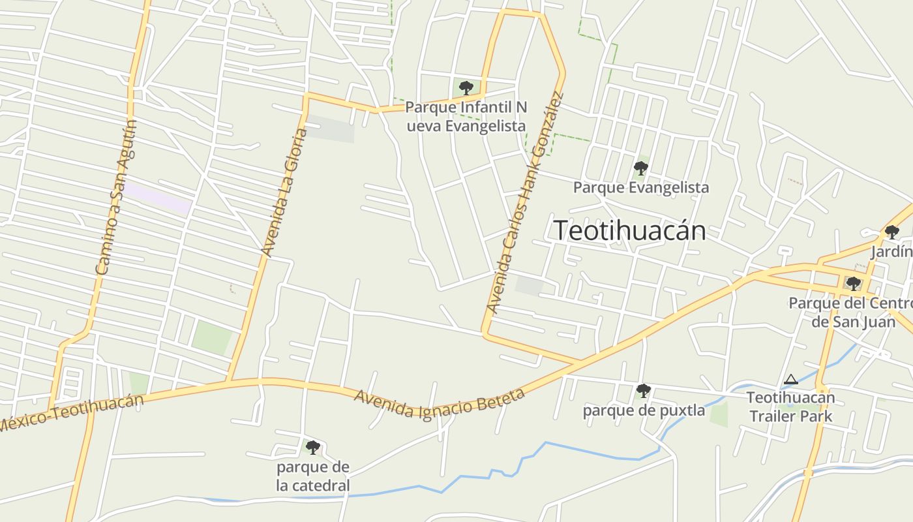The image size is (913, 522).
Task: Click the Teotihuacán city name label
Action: pyautogui.click(x=629, y=231)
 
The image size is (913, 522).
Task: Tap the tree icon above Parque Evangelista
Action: pyautogui.click(x=640, y=168)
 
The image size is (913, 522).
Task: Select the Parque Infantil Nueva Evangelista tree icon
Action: pyautogui.click(x=466, y=87)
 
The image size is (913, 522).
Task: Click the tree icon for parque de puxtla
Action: pyautogui.click(x=643, y=391)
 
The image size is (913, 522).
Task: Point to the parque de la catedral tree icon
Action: pyautogui.click(x=313, y=447)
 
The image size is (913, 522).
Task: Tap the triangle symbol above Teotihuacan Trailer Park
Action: pyautogui.click(x=790, y=380)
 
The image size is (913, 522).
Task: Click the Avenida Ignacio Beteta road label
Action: pyautogui.click(x=439, y=403)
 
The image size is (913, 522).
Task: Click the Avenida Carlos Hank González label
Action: pyautogui.click(x=525, y=203)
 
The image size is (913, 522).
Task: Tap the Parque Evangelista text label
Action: pyautogui.click(x=640, y=188)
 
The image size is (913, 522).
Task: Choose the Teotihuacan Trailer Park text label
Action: pyautogui.click(x=790, y=407)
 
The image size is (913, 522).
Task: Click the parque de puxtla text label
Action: pyautogui.click(x=644, y=410)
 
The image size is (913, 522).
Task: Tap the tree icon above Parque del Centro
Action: pyautogui.click(x=853, y=283)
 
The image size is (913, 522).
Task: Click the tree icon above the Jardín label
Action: pyautogui.click(x=891, y=232)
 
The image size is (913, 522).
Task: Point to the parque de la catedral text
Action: pyautogui.click(x=313, y=476)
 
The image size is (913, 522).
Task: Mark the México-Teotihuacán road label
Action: pyautogui.click(x=70, y=412)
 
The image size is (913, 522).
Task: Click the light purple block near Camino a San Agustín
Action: pyautogui.click(x=158, y=198)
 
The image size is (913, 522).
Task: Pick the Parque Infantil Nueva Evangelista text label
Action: pyautogui.click(x=466, y=116)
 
